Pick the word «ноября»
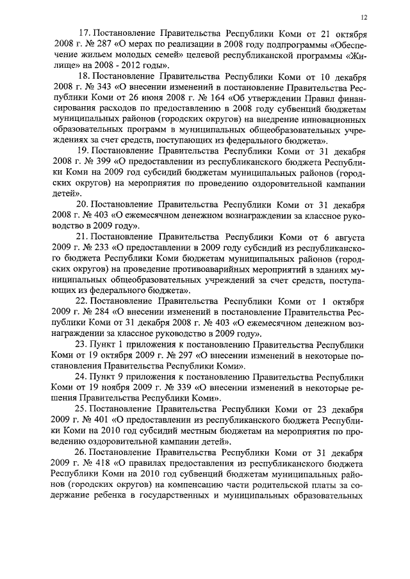coord(119,390)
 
